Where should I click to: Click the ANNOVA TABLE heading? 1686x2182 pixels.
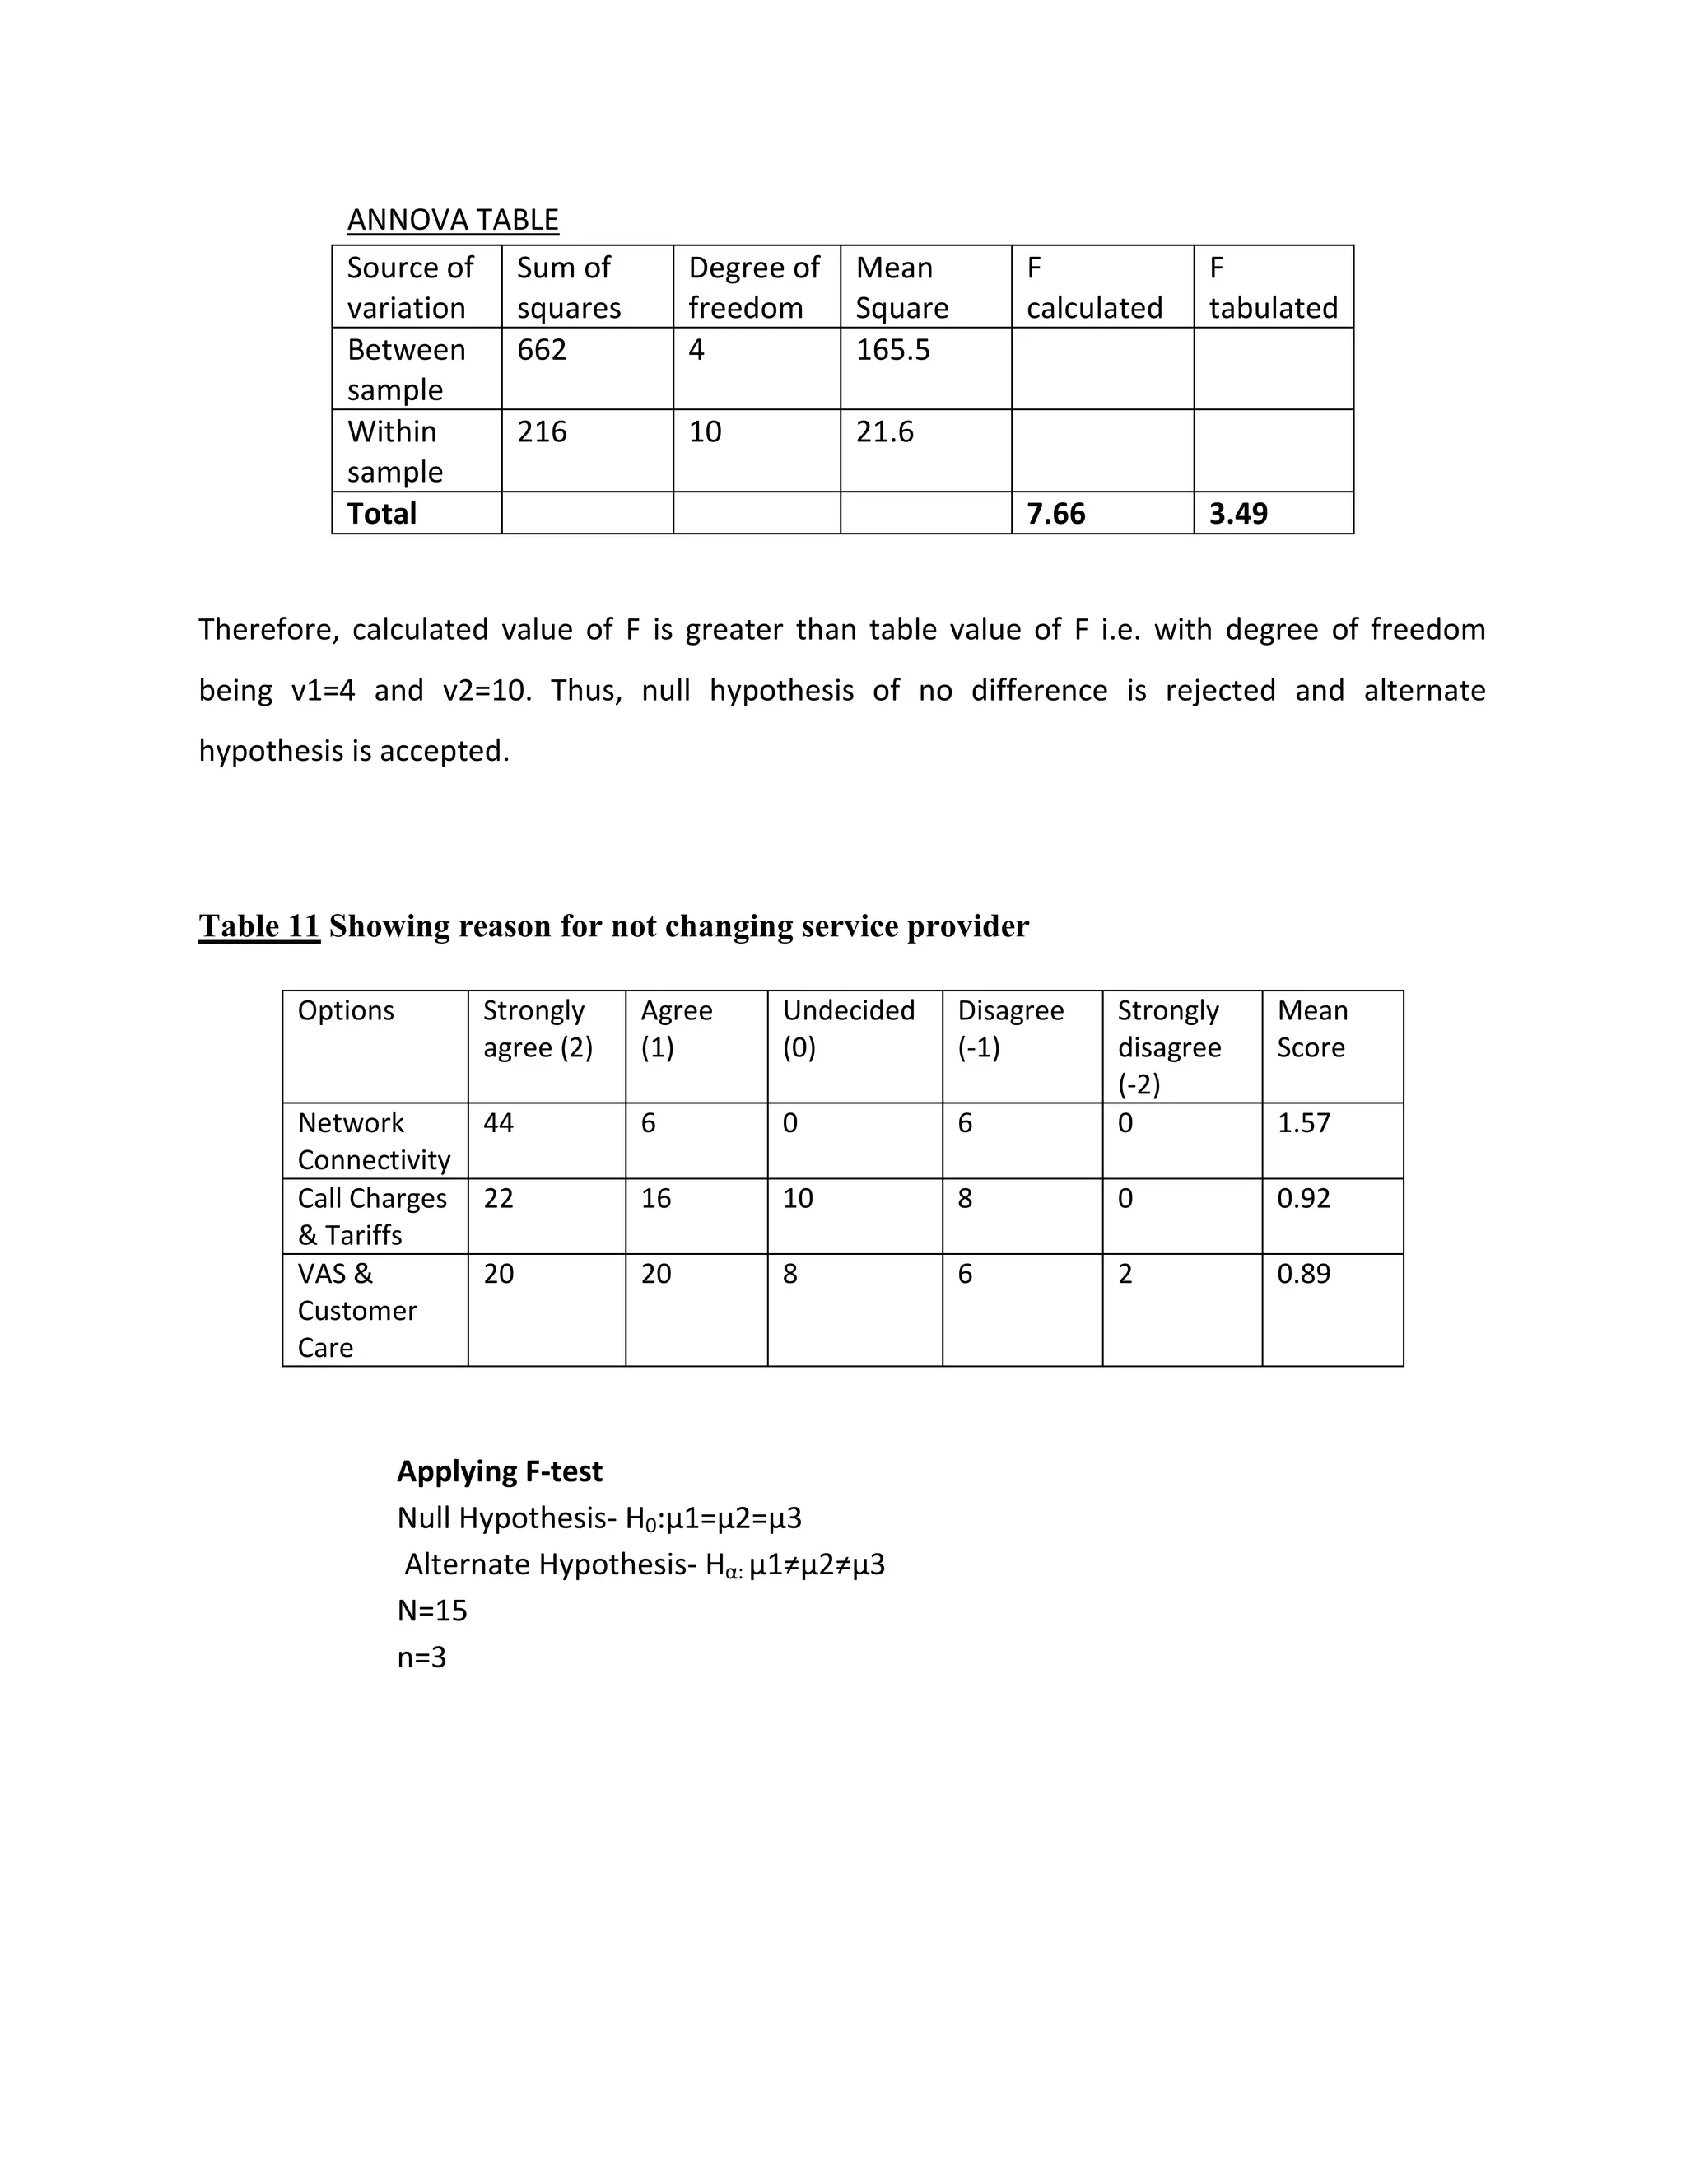[x=453, y=220]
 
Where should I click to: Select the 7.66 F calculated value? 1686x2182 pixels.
[x=1055, y=514]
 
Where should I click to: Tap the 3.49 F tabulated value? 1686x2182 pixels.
[x=1237, y=514]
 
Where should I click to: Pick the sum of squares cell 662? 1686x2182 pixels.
[x=542, y=350]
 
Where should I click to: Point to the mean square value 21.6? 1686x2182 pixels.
[x=884, y=431]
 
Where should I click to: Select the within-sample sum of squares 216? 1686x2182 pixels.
[x=542, y=431]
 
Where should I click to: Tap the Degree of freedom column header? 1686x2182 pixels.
[x=754, y=287]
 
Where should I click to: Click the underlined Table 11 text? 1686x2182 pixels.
[x=258, y=926]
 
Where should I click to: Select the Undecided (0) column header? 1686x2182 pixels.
[x=848, y=1028]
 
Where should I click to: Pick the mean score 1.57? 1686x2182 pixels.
[x=1303, y=1123]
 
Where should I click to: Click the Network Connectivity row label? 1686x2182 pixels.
[x=374, y=1141]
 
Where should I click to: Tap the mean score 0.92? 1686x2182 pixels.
[x=1303, y=1198]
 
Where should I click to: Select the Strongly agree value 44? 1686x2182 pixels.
[x=498, y=1123]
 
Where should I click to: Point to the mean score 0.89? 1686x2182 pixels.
[x=1303, y=1274]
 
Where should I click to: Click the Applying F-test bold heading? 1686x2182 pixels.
[x=500, y=1471]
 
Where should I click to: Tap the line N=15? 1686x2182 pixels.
[x=431, y=1611]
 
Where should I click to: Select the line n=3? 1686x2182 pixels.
[x=421, y=1657]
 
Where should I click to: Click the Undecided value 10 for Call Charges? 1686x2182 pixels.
[x=797, y=1198]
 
